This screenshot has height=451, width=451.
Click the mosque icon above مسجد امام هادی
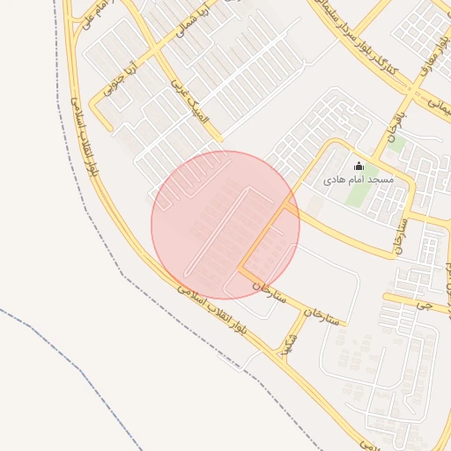tap(359, 166)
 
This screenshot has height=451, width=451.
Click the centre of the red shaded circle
tap(225, 225)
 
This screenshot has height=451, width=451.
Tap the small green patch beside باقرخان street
tap(396, 143)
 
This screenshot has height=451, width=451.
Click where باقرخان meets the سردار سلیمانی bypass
tap(411, 89)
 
